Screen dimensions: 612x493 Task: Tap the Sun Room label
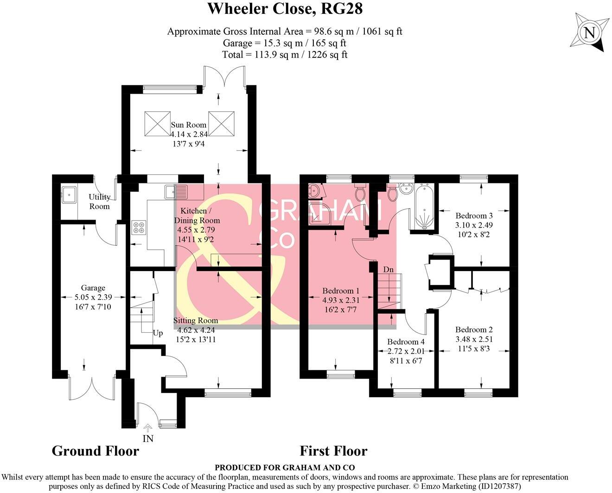189,125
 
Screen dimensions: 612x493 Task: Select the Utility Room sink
69,194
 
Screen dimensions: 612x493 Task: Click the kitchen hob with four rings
139,228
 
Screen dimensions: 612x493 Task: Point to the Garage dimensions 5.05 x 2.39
93,297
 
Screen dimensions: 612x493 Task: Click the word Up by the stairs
158,333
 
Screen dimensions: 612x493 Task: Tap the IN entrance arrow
147,427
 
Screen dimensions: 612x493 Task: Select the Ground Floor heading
95,451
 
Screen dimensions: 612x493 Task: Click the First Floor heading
333,451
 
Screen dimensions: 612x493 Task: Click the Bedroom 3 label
474,215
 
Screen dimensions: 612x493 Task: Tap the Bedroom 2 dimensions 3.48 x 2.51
474,339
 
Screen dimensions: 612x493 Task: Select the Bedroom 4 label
407,342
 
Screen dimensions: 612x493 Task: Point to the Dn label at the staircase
388,269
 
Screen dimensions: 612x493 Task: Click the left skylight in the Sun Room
158,124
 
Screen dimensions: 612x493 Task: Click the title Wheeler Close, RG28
285,8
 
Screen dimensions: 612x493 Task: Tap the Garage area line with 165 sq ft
284,43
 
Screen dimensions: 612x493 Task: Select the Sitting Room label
196,321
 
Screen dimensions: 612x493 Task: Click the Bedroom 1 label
341,291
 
